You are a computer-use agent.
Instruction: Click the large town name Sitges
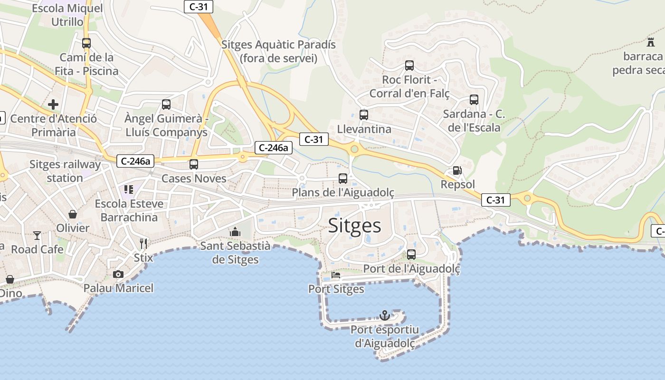(355, 226)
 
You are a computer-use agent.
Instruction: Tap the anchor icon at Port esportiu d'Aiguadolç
(385, 315)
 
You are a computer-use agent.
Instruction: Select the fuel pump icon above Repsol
(457, 171)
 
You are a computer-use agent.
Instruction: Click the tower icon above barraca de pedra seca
(651, 42)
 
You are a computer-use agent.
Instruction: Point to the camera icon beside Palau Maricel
(118, 274)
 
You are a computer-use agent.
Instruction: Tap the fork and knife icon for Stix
(143, 244)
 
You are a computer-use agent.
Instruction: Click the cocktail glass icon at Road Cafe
(37, 235)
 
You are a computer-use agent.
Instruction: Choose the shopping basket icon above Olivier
(73, 214)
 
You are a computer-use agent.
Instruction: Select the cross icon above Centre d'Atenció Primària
(53, 104)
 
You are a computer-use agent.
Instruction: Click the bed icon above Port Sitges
(336, 275)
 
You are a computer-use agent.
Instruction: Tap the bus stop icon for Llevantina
(364, 114)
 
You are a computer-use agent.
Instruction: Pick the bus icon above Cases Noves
(194, 164)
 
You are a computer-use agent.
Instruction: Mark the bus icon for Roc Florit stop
(409, 66)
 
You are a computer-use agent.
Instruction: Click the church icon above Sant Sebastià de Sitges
(235, 232)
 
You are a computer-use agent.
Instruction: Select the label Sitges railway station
(65, 171)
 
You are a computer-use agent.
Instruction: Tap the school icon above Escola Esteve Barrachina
(129, 190)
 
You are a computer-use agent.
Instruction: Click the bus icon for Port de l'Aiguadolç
(411, 255)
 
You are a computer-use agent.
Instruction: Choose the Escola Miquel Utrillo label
(67, 15)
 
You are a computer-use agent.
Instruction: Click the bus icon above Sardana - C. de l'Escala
(474, 100)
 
